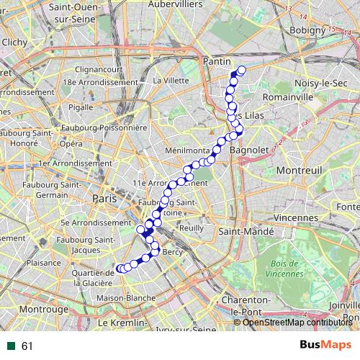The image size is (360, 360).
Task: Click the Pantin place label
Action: tap(216, 62)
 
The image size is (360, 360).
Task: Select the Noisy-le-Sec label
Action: tap(315, 83)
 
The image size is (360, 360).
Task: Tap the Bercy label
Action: tap(173, 253)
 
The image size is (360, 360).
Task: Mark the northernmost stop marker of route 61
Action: tap(240, 71)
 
